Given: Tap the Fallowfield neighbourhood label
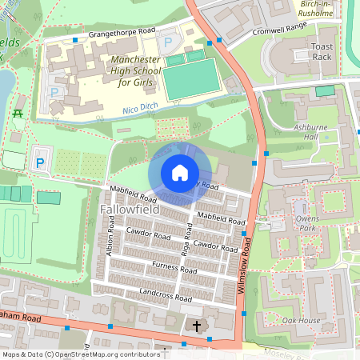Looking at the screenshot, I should [x=129, y=210].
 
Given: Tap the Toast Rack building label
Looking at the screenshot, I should [x=322, y=52].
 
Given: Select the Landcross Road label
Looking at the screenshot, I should [x=170, y=293].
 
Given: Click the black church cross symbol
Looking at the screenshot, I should [x=197, y=326].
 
